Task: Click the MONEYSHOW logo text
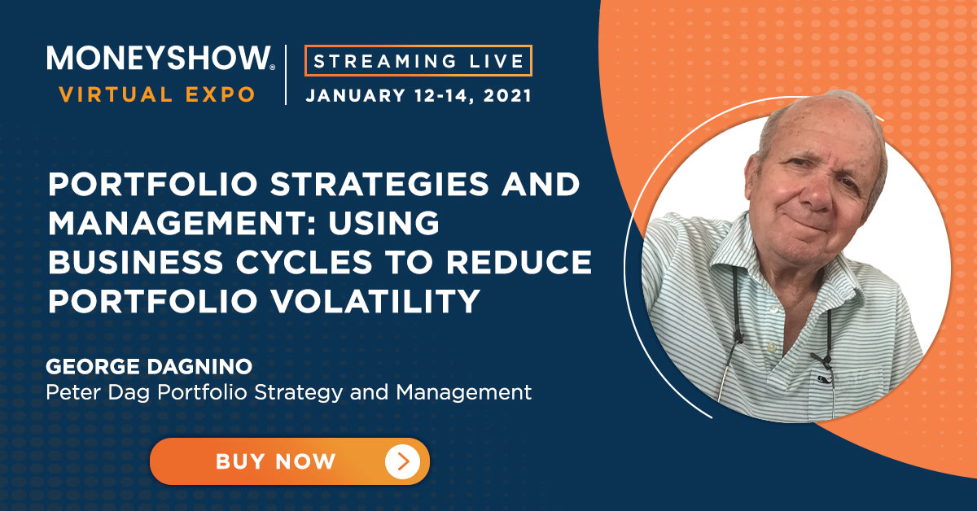point(160,58)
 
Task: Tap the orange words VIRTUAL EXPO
point(157,94)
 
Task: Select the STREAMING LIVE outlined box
point(418,60)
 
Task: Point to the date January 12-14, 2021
point(418,95)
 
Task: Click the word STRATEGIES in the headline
point(379,184)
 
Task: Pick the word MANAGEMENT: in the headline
point(182,223)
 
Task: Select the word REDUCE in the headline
point(519,262)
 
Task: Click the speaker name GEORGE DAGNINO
point(149,367)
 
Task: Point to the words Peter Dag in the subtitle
point(98,392)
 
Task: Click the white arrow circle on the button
point(402,461)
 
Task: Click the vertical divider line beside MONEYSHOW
point(286,75)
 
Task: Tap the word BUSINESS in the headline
point(136,262)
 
